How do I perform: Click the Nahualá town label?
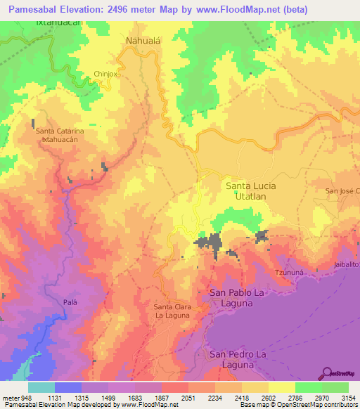143,41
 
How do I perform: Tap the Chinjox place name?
107,73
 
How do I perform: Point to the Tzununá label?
288,272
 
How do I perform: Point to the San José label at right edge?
342,190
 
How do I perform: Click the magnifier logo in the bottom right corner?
328,373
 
